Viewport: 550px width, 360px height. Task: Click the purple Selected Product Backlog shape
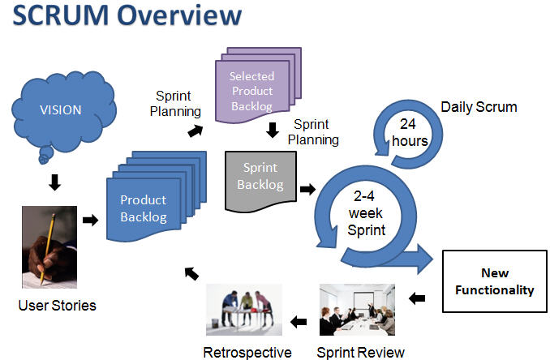[x=251, y=82]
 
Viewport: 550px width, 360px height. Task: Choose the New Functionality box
[x=495, y=282]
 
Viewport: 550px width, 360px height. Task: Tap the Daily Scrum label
[x=479, y=107]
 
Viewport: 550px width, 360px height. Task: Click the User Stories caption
[x=57, y=306]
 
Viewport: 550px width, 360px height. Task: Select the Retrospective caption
[x=246, y=352]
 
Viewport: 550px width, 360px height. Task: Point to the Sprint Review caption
[x=360, y=352]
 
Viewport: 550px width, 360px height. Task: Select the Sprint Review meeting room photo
[x=358, y=309]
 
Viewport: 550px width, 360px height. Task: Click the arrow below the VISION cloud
[x=54, y=184]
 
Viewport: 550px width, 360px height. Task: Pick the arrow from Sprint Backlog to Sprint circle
[x=307, y=190]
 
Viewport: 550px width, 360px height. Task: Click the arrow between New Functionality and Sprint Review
[x=418, y=298]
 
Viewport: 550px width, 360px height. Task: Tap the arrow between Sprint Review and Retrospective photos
[x=299, y=322]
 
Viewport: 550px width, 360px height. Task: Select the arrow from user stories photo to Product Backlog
[x=90, y=219]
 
